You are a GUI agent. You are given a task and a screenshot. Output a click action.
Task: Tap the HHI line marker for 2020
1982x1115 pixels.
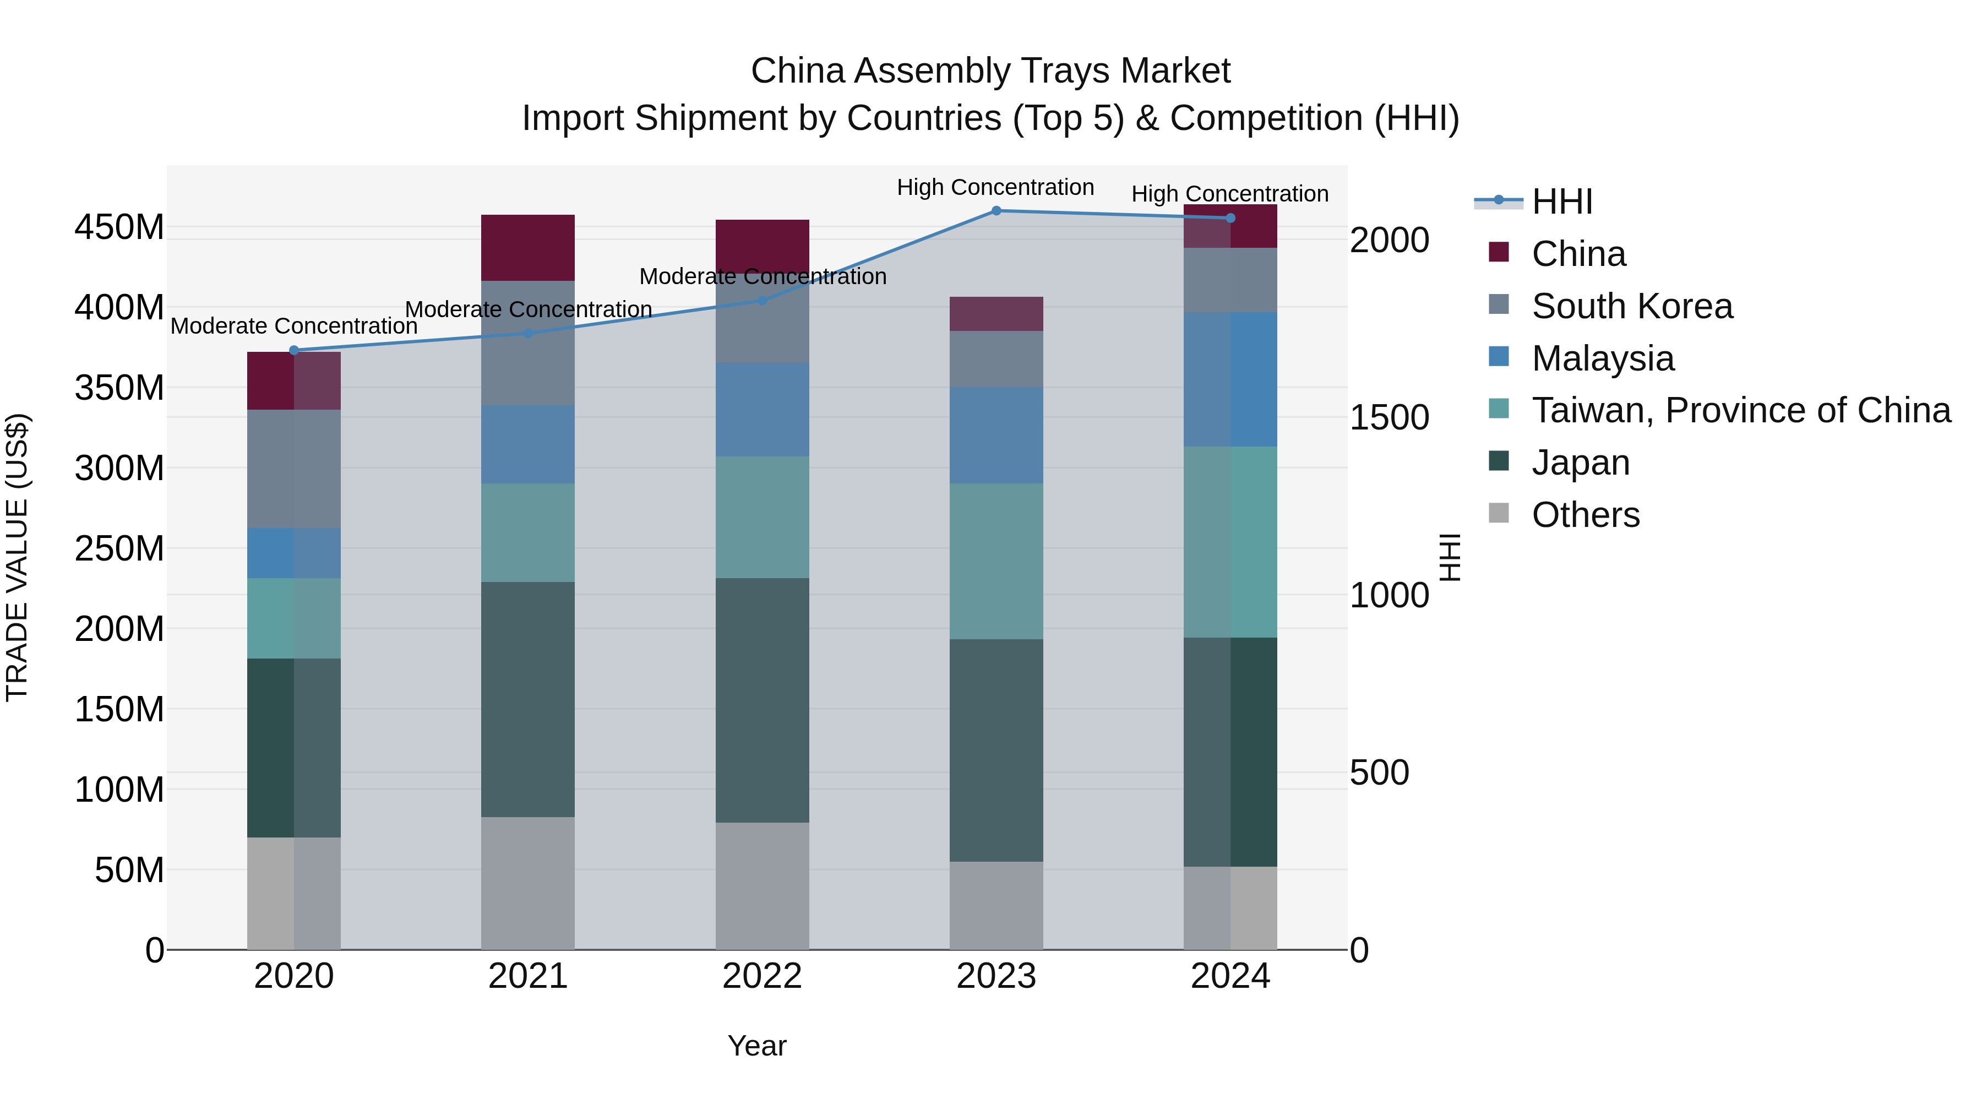point(294,350)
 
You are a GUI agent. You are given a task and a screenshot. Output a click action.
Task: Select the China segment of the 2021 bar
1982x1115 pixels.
point(528,248)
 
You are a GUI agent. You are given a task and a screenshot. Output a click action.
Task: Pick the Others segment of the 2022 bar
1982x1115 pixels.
point(762,886)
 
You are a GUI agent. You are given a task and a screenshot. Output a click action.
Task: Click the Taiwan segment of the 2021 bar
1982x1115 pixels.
point(528,532)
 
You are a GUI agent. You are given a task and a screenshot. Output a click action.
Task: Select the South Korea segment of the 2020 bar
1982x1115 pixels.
point(294,469)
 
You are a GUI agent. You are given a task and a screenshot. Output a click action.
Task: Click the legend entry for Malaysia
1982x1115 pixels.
point(1602,358)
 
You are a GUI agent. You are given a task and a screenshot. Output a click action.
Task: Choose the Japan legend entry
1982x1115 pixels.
point(1580,463)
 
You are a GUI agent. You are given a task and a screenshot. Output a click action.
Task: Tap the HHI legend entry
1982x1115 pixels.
point(1561,202)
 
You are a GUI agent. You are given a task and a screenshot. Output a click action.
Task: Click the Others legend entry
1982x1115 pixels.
point(1585,515)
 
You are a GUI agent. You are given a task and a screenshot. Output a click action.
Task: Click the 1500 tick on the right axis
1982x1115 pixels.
point(1390,418)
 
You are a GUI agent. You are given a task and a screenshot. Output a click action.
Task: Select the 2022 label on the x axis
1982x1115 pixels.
point(762,976)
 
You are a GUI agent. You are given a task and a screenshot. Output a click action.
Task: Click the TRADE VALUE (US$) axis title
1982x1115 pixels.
point(17,557)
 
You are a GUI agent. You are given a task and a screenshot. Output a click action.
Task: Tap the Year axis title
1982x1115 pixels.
point(757,1046)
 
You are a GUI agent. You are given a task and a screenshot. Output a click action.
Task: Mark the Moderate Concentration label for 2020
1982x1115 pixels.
point(294,327)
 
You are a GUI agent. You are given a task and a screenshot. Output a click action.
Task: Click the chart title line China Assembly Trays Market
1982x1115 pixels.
point(990,71)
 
